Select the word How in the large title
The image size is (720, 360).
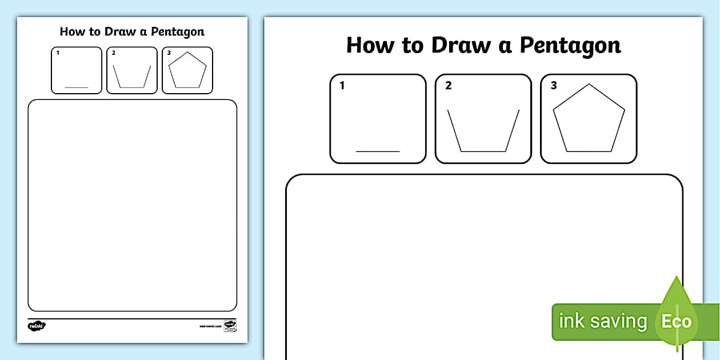pyautogui.click(x=371, y=45)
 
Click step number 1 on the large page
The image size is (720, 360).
pyautogui.click(x=342, y=86)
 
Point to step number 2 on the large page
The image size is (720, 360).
pyautogui.click(x=449, y=86)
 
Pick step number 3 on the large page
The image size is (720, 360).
pyautogui.click(x=554, y=86)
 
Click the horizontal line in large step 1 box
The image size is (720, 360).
pyautogui.click(x=378, y=151)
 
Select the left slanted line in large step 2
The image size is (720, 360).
pyautogui.click(x=454, y=130)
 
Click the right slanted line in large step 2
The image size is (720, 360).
pyautogui.click(x=513, y=130)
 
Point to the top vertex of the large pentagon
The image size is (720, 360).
pyautogui.click(x=589, y=84)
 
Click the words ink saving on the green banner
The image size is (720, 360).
pyautogui.click(x=602, y=321)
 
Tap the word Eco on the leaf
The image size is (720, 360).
pyautogui.click(x=676, y=321)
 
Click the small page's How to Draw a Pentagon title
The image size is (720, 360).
pyautogui.click(x=132, y=31)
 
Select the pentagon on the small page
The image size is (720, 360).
pyautogui.click(x=187, y=71)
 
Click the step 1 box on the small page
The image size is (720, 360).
pyautogui.click(x=77, y=70)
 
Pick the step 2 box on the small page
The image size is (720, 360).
pyautogui.click(x=132, y=70)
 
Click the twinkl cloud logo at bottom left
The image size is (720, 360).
pyautogui.click(x=37, y=326)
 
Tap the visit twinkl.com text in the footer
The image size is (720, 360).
pyautogui.click(x=210, y=326)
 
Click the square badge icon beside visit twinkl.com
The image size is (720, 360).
pyautogui.click(x=230, y=326)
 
